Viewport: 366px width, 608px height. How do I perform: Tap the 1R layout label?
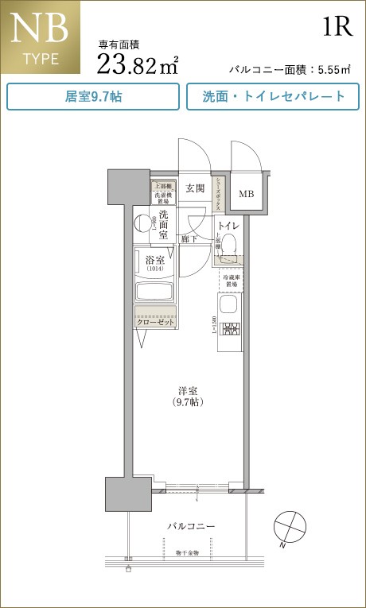tap(337, 27)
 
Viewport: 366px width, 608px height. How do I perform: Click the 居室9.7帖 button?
tap(93, 97)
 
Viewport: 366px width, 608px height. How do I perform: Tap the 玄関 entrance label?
tap(195, 189)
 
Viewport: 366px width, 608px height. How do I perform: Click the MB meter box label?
tap(247, 194)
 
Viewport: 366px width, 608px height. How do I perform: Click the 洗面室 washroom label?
tap(163, 225)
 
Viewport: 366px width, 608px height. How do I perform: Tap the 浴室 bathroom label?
tap(154, 261)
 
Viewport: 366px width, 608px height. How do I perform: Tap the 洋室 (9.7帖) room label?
tap(188, 396)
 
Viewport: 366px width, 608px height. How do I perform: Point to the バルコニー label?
tap(191, 527)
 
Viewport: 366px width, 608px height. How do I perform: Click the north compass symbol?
tap(288, 527)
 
